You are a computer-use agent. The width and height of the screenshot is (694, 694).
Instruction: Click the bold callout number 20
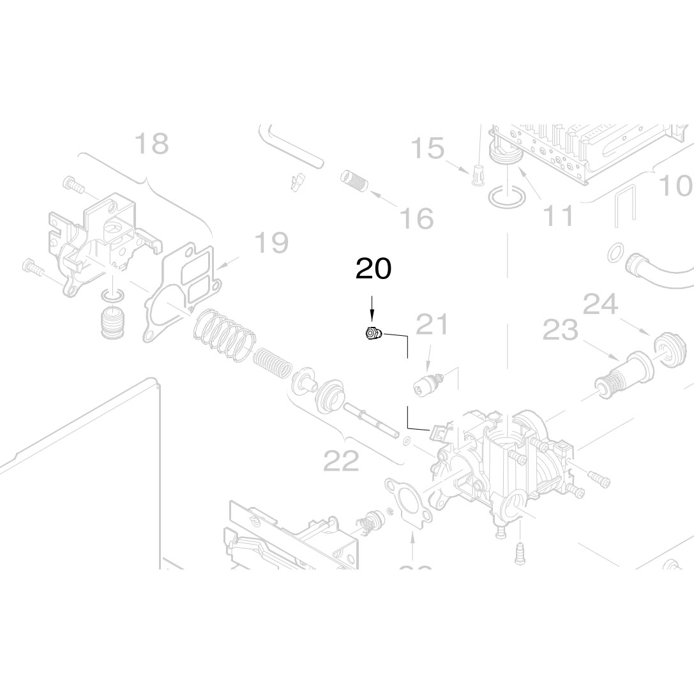point(373,269)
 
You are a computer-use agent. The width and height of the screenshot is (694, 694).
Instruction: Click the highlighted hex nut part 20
point(372,333)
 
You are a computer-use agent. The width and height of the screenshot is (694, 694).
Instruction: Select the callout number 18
point(151,144)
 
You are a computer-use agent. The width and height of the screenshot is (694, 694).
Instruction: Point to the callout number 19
point(271,242)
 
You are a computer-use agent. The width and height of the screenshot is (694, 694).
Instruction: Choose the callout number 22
point(342,460)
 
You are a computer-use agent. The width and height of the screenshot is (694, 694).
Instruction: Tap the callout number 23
point(560,331)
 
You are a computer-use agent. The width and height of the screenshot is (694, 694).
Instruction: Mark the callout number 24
point(600,305)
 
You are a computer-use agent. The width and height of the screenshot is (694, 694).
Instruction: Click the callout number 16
point(416,218)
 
